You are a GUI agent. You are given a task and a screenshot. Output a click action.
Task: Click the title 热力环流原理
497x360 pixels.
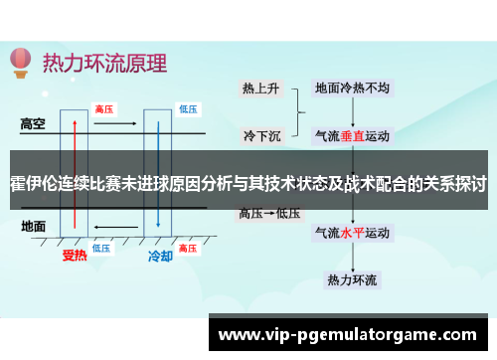(x=104, y=62)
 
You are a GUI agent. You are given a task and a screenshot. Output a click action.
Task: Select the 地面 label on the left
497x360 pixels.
(x=34, y=226)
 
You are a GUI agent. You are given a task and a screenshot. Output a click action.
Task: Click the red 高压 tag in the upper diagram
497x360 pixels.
(x=103, y=108)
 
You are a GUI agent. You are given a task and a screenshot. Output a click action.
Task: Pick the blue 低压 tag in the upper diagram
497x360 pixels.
(x=188, y=108)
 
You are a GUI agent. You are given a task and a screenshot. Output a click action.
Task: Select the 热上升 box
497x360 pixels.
(x=260, y=88)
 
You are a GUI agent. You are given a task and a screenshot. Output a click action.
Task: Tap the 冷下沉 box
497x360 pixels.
(x=260, y=133)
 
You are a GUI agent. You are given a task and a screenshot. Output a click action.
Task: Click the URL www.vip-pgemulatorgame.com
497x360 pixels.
(x=353, y=334)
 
